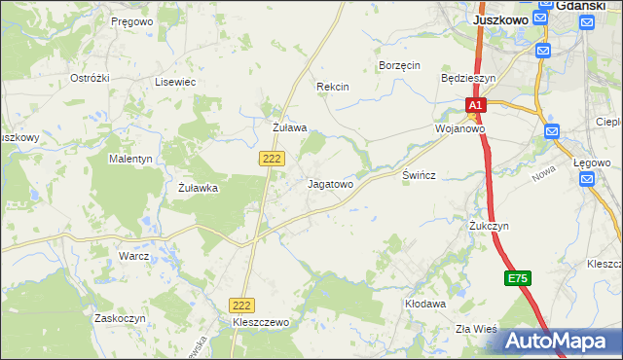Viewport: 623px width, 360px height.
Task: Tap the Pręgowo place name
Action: pyautogui.click(x=131, y=20)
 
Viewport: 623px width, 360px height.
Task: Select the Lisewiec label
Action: pyautogui.click(x=175, y=83)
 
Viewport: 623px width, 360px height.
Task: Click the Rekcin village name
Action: pyautogui.click(x=332, y=87)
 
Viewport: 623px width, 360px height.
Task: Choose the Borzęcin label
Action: pyautogui.click(x=398, y=65)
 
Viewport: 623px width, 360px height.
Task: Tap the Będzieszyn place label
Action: pyautogui.click(x=468, y=77)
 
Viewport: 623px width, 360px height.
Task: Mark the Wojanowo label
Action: pyautogui.click(x=459, y=128)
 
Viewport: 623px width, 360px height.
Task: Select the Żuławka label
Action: pyautogui.click(x=198, y=189)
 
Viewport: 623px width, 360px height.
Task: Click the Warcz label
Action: pyautogui.click(x=133, y=256)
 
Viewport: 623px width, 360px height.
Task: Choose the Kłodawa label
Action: pyautogui.click(x=425, y=304)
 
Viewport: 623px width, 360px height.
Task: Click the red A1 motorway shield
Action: pyautogui.click(x=474, y=105)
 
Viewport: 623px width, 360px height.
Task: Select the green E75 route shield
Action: pyautogui.click(x=518, y=279)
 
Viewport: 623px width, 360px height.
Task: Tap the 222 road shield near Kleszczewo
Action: pyautogui.click(x=241, y=305)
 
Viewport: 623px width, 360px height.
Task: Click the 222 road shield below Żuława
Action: pyautogui.click(x=272, y=158)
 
